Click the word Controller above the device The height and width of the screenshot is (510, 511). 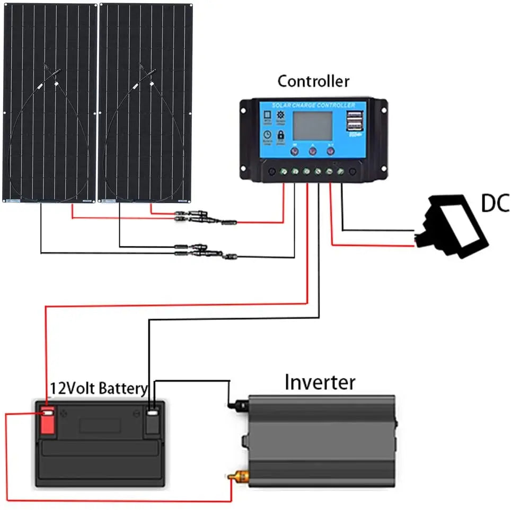(313, 81)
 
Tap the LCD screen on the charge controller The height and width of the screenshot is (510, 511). (313, 126)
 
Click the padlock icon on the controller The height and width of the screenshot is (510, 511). (281, 136)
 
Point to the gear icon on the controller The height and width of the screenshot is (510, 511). (281, 116)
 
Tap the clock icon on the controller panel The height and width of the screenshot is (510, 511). (267, 136)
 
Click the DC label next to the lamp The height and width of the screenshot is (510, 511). (495, 203)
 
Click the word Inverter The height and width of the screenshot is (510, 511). (320, 382)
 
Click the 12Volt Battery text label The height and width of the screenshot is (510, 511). (99, 389)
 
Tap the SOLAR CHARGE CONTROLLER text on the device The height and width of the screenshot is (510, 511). (313, 105)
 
